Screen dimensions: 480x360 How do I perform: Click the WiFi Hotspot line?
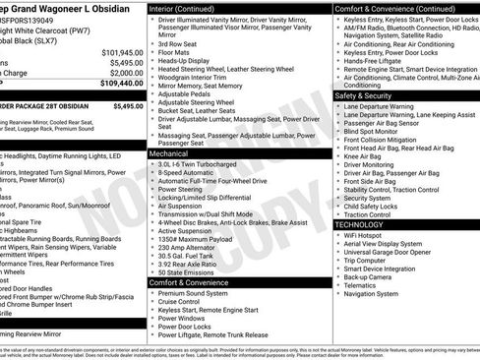[367, 234]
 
